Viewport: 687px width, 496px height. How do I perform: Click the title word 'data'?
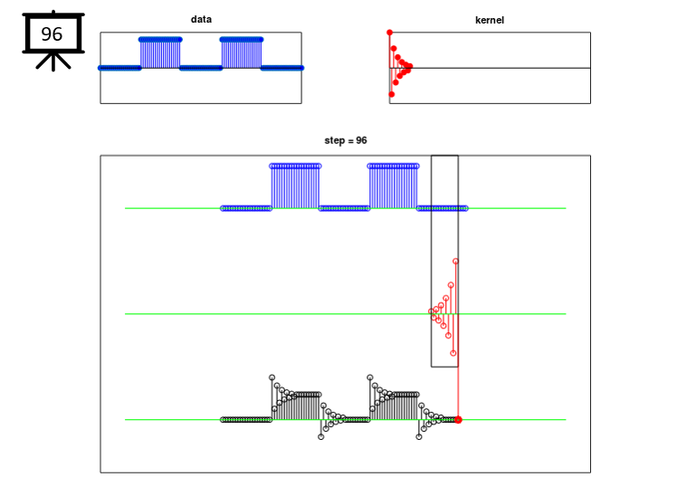201,19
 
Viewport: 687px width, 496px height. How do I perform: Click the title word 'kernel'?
490,20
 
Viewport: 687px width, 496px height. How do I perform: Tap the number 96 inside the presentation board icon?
52,34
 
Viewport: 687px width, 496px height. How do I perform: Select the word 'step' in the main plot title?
334,140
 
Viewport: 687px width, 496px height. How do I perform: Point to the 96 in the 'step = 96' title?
361,140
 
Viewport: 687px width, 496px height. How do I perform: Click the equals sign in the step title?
350,140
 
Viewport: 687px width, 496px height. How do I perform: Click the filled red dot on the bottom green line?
458,420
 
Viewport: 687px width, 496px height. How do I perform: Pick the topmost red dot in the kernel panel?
389,33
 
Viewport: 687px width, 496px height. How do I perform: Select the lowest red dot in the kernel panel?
392,94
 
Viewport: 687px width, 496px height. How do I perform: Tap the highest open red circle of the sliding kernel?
455,262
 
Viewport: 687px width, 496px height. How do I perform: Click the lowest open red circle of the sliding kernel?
453,353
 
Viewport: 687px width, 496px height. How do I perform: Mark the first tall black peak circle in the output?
272,377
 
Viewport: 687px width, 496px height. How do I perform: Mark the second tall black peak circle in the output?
370,377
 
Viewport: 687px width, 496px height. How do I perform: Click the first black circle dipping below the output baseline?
321,437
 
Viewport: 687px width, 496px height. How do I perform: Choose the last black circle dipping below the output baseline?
419,437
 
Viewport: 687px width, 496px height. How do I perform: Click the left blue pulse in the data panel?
160,53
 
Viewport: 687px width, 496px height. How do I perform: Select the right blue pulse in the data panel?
242,53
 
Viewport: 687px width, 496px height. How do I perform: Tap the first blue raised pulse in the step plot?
295,186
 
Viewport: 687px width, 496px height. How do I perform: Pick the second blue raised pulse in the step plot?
394,186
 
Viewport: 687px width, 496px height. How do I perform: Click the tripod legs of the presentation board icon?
53,62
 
